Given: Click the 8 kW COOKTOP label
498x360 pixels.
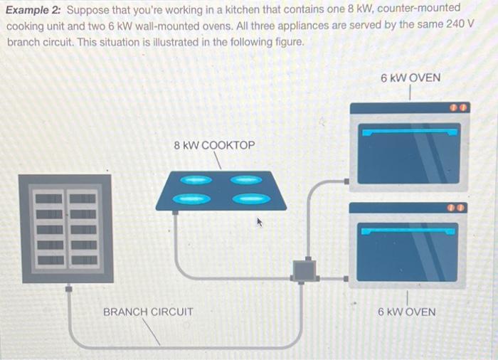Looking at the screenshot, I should (214, 145).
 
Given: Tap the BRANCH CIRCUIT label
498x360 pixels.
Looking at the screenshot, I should (148, 312).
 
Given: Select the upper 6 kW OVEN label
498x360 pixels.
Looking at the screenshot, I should (410, 77).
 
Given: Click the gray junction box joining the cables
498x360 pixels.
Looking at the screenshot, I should (304, 270).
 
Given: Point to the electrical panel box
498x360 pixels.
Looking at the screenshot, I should (65, 228).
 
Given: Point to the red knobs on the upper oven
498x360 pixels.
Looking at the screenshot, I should (455, 108).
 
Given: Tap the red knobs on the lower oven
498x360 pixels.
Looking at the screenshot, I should (455, 208).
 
